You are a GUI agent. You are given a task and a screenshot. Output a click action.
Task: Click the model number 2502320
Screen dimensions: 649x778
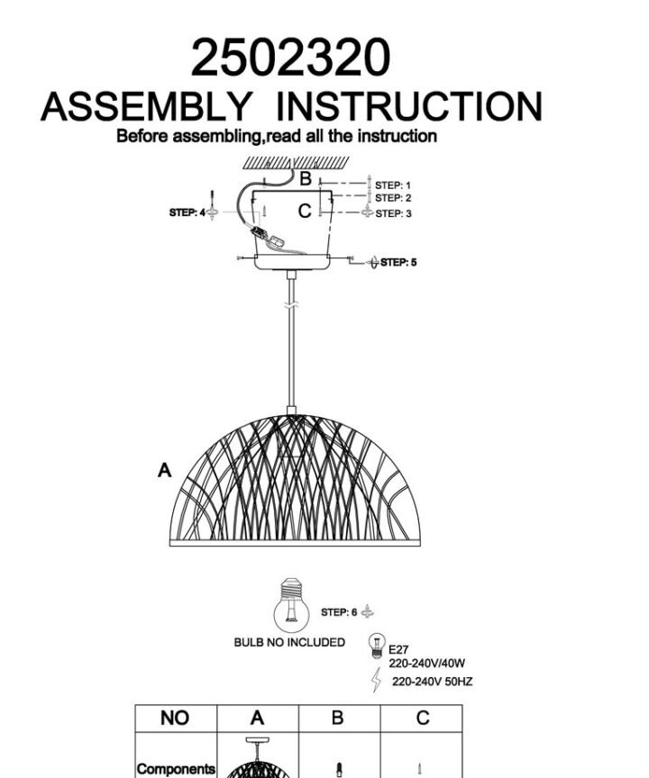point(290,57)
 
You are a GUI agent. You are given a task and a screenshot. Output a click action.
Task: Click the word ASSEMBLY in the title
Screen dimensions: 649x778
point(146,106)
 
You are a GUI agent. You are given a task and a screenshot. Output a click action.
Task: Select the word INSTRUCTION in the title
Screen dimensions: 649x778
point(408,106)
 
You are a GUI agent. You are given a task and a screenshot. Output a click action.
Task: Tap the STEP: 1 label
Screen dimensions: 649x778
point(393,185)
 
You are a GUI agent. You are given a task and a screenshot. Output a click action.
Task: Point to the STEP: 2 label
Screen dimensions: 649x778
point(393,198)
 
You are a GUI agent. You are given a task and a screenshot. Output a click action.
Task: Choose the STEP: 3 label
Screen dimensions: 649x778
point(393,213)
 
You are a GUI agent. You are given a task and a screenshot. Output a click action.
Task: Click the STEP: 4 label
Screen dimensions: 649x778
point(187,213)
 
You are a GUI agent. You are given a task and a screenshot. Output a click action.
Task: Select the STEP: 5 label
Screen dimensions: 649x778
point(398,262)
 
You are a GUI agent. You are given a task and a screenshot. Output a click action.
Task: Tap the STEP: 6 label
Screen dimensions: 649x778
point(339,612)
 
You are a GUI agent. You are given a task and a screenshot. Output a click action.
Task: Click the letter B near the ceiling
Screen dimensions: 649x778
point(306,178)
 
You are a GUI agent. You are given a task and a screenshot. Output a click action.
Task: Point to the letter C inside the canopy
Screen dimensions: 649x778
point(305,212)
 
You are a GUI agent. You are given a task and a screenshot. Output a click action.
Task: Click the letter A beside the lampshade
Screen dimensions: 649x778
point(164,470)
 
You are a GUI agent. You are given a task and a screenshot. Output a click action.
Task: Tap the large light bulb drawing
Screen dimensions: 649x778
point(291,605)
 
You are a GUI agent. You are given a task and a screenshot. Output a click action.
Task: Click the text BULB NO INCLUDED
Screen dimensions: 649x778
point(289,643)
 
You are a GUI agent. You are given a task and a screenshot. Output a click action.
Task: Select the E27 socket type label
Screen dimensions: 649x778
point(398,649)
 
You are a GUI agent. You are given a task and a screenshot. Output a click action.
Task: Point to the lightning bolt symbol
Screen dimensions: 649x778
point(377,679)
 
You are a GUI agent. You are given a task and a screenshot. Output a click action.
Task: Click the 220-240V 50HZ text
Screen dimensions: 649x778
point(432,682)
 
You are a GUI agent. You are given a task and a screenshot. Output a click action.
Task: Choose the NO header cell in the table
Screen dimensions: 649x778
point(175,718)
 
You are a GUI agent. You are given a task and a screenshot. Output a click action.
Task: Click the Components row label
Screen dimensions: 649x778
point(177,769)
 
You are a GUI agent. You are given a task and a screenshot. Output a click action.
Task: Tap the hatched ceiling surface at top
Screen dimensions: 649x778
point(297,163)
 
